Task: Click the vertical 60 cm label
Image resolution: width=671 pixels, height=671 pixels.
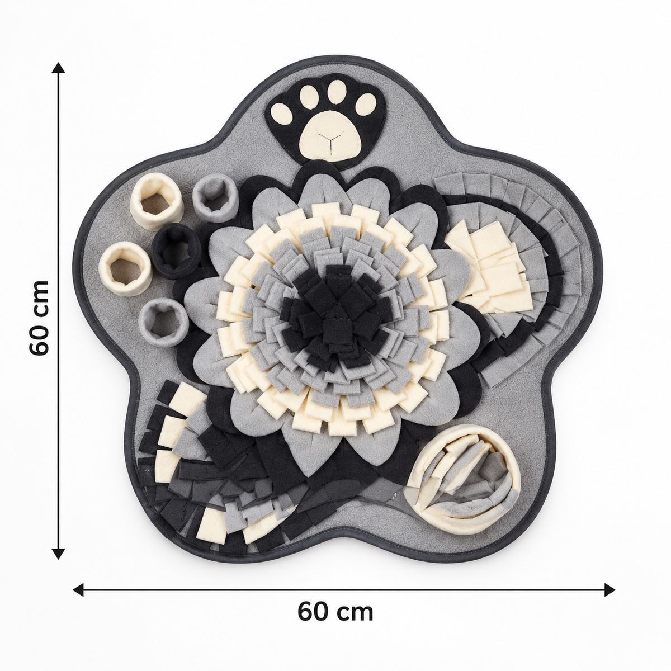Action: [x=39, y=318]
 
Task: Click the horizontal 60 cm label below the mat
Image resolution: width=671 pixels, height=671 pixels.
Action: [x=335, y=612]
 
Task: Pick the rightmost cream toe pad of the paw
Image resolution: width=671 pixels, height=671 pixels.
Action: [x=366, y=103]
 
